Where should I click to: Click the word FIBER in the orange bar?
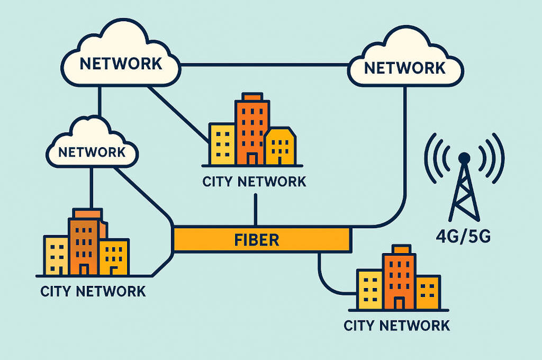256,239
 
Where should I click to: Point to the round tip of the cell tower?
464,157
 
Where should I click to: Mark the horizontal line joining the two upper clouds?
265,65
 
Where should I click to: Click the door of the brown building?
84,269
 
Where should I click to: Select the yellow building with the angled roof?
279,146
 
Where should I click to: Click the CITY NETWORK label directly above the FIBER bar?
254,182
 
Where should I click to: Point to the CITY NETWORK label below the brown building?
93,291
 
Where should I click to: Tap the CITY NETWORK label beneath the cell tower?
396,325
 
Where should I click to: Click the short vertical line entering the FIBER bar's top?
256,210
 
